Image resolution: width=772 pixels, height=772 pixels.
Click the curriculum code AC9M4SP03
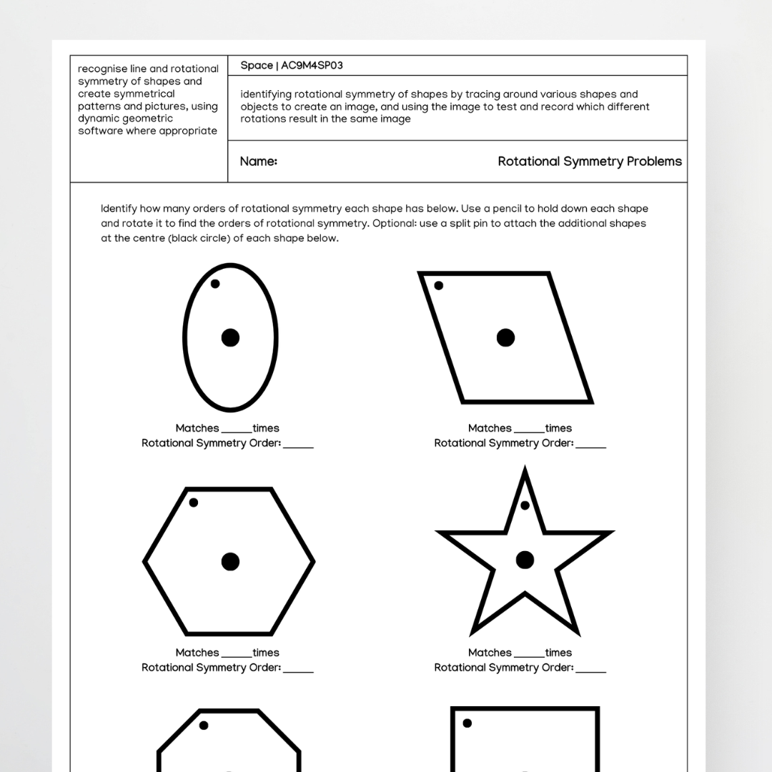pos(312,66)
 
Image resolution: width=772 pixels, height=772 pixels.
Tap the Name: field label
pos(259,162)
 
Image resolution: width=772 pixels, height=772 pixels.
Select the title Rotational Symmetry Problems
pos(590,162)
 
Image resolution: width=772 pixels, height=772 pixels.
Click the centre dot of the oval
pos(230,337)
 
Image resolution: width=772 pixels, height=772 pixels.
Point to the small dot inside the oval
pos(215,284)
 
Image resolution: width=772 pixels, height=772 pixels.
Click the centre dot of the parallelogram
pos(505,337)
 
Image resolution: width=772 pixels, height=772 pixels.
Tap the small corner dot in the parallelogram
pos(439,286)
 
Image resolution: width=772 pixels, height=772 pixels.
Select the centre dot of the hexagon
pos(230,562)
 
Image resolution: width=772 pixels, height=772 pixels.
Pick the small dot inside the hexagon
pos(194,503)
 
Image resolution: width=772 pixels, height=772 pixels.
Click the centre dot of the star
pos(525,560)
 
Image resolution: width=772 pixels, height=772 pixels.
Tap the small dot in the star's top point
pos(525,505)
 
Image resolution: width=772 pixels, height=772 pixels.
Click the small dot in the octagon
pos(204,726)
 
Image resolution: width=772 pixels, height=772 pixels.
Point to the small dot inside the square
pos(467,723)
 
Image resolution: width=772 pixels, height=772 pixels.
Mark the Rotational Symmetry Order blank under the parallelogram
pos(590,445)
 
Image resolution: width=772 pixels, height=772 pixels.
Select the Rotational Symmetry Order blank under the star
pos(590,670)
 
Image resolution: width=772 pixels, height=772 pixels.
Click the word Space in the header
pos(257,66)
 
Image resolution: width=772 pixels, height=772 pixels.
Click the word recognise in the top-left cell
pos(103,69)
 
